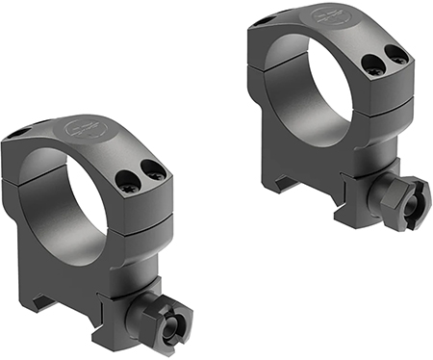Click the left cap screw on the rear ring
[371, 65]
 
